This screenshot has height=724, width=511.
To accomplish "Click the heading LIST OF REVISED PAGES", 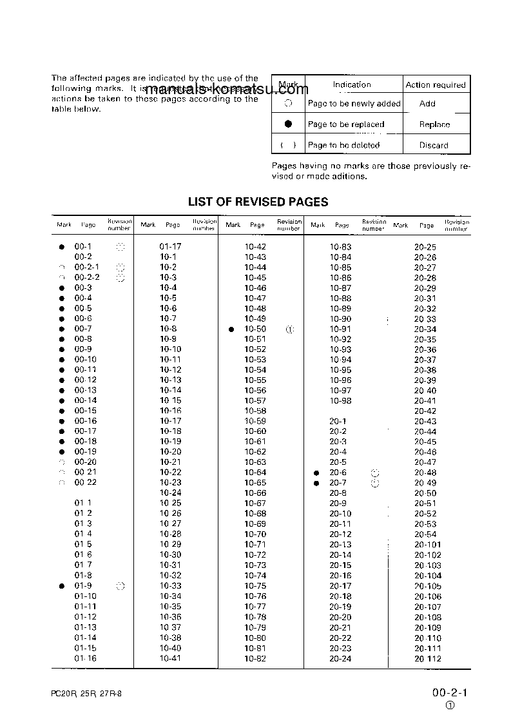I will [x=258, y=202].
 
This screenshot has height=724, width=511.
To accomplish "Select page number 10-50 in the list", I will [x=255, y=329].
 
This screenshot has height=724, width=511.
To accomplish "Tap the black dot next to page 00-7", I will [x=62, y=329].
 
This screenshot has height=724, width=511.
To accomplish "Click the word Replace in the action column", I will [x=434, y=124].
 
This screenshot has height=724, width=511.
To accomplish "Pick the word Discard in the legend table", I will [x=434, y=145].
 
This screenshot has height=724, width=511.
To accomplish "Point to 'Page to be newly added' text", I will [x=354, y=103].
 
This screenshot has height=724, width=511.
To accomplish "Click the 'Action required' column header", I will [x=435, y=85].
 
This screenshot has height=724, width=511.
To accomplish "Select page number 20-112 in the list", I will [x=428, y=659].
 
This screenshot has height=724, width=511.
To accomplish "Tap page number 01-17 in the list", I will [x=171, y=246].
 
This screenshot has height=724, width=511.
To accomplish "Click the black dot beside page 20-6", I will [x=316, y=473].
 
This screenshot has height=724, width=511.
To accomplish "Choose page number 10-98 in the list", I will [x=340, y=400].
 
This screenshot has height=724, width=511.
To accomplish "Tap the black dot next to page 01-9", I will [x=62, y=586].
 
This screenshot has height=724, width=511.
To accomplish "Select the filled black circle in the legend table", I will [x=289, y=124].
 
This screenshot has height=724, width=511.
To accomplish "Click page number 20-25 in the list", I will [x=425, y=247].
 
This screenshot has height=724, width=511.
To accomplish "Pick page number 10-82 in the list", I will [x=255, y=658].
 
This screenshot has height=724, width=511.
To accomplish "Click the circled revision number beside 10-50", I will [x=289, y=329].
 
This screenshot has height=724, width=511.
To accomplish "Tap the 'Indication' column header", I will [x=352, y=84].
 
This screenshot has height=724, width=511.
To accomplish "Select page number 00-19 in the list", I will [x=85, y=452].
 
